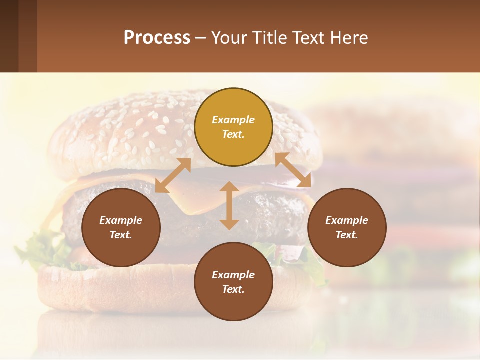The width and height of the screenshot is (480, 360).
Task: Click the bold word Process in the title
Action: [x=157, y=38]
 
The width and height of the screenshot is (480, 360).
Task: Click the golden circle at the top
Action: [x=233, y=127]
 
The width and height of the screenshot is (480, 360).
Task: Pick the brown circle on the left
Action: [x=121, y=227]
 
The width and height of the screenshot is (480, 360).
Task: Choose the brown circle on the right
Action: [x=347, y=227]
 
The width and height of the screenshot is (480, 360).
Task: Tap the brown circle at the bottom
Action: [x=233, y=282]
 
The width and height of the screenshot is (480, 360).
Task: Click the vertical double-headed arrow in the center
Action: [x=229, y=206]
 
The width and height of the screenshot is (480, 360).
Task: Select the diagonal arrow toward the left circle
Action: [x=173, y=175]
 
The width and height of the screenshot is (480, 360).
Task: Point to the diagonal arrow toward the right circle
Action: [x=293, y=170]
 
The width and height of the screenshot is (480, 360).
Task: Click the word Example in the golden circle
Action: [x=233, y=120]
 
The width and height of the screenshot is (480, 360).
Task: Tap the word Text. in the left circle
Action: [x=121, y=235]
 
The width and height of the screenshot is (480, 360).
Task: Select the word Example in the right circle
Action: [x=347, y=220]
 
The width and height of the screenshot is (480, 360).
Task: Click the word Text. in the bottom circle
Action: [x=233, y=289]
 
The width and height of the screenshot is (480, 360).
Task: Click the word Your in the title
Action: [x=227, y=38]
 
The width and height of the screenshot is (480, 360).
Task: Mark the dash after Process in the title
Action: [x=200, y=38]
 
